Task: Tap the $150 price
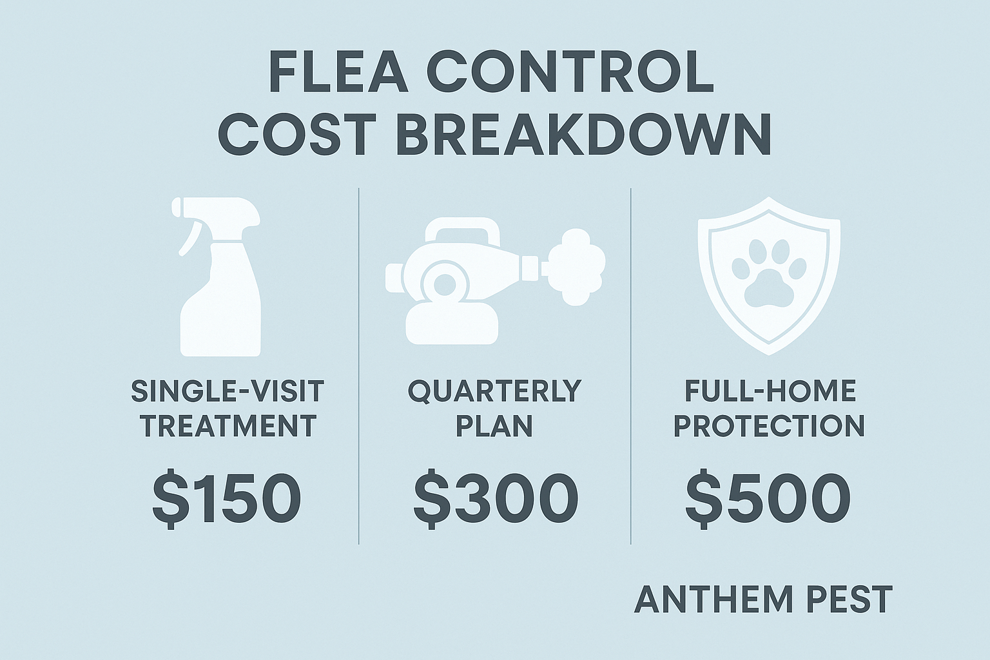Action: coord(226,498)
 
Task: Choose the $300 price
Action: coord(495,498)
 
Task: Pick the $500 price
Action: coord(767,498)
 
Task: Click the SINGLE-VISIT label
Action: coord(228,391)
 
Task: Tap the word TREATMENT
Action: coord(228,426)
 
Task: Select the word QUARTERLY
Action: coord(495,391)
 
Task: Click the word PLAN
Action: coord(495,426)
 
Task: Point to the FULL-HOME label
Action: coord(770,391)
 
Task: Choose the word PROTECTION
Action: coord(769,426)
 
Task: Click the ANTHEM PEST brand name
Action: coord(763,599)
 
